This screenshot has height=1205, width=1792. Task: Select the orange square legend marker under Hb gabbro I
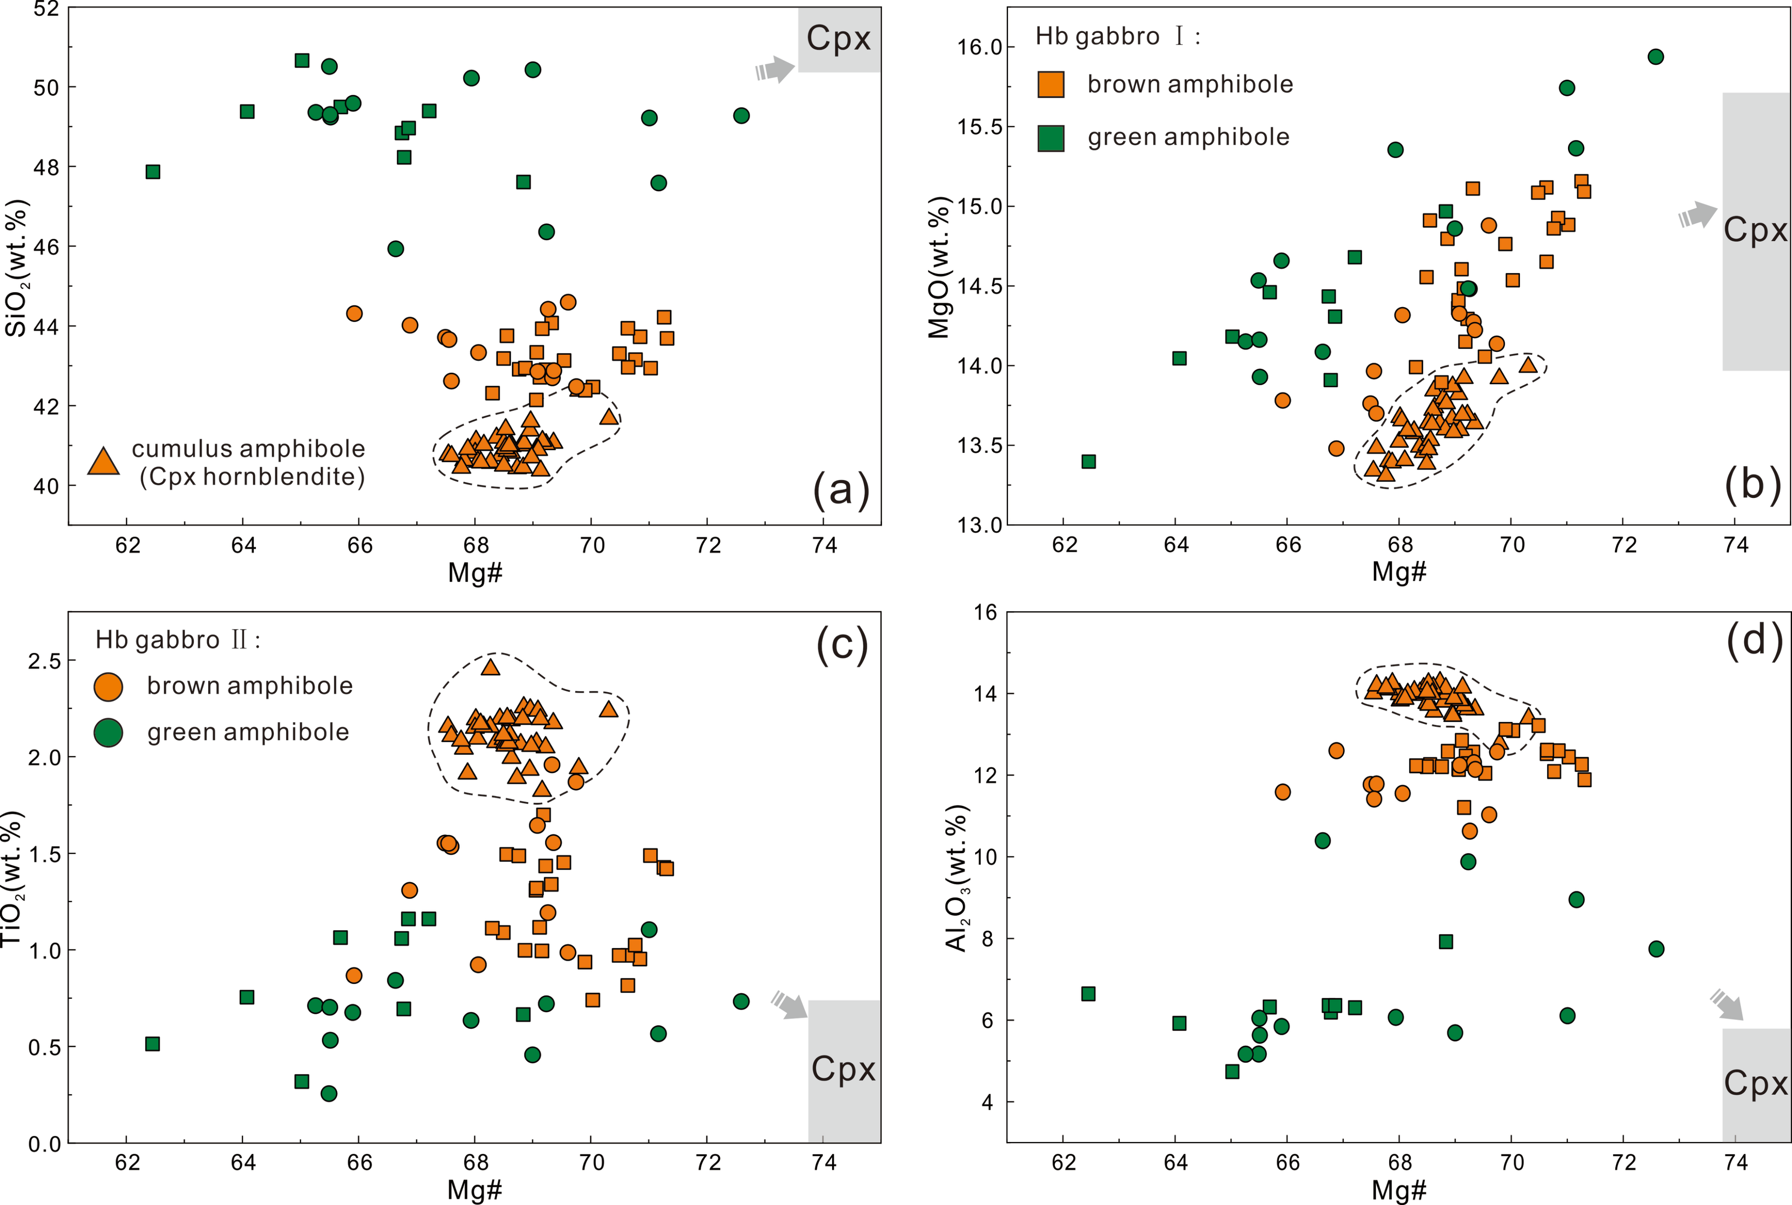tap(1050, 84)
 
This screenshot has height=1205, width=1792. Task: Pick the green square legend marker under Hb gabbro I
tap(1050, 137)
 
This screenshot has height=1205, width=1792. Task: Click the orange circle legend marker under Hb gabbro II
tap(108, 686)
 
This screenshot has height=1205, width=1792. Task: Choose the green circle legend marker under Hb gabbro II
tap(108, 732)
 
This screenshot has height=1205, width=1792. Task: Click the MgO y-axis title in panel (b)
tap(939, 267)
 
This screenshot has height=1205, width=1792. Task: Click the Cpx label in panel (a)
tap(838, 39)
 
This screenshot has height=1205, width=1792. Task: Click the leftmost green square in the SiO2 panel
tap(153, 172)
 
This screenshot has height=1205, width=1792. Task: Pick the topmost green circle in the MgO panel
tap(1656, 57)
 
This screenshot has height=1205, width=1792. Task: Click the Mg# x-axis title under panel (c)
tap(475, 1190)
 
